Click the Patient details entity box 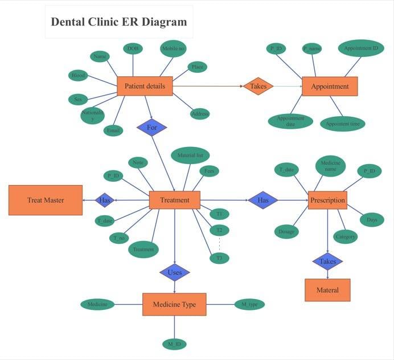click(x=145, y=86)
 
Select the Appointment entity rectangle click(x=330, y=87)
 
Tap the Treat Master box click(x=46, y=200)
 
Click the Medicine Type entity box click(x=174, y=304)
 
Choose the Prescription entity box click(x=327, y=200)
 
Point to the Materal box click(x=327, y=290)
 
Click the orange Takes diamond click(x=258, y=86)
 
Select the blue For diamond click(x=151, y=128)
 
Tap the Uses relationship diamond click(x=175, y=272)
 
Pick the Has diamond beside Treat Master click(x=105, y=200)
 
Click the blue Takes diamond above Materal click(x=327, y=261)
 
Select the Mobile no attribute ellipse click(x=173, y=49)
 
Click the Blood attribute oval click(x=78, y=75)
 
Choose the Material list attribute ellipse click(x=190, y=155)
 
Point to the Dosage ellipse click(x=286, y=231)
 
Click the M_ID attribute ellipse click(x=174, y=343)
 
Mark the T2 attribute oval click(x=219, y=230)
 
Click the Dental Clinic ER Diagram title click(x=119, y=22)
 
